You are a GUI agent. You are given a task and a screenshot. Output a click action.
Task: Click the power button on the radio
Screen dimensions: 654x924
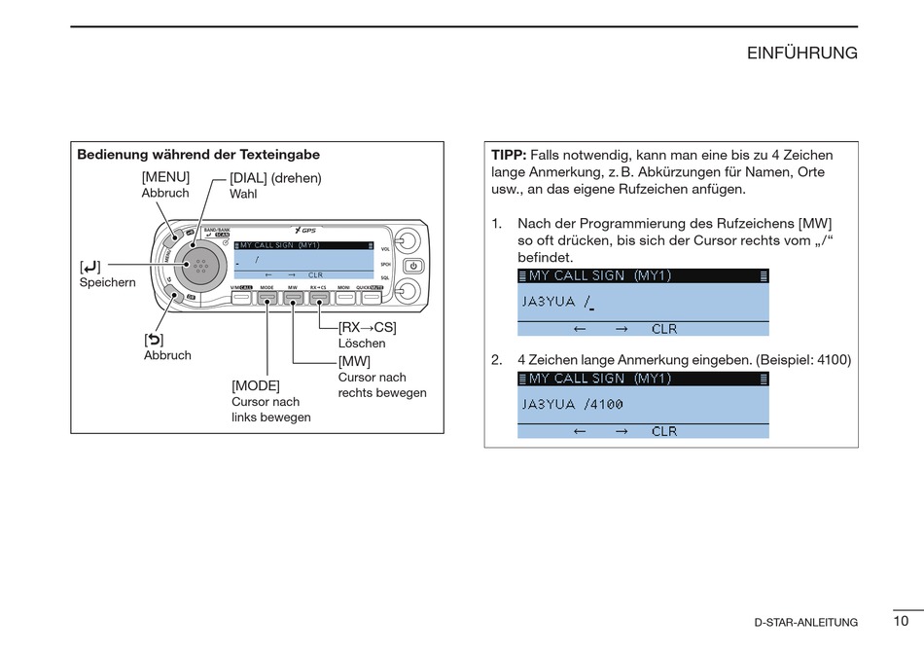tap(412, 265)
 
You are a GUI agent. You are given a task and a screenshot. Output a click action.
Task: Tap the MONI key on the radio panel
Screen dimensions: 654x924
tap(343, 297)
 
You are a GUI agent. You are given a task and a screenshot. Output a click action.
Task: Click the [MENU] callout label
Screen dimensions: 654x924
tap(165, 177)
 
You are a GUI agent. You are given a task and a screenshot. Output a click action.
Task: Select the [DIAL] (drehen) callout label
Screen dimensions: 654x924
tap(275, 178)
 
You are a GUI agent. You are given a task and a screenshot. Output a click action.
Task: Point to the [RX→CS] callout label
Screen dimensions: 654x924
tap(368, 327)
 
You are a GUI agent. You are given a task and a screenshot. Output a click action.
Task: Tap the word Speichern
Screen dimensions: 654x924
tap(107, 282)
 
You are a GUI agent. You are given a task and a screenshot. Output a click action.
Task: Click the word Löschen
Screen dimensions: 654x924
tap(362, 344)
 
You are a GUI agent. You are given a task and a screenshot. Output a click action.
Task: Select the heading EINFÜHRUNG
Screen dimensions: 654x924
tap(801, 54)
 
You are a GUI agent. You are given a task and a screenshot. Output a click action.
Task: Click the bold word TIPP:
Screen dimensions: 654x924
tap(509, 155)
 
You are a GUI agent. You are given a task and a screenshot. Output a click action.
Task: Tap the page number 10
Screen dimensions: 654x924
tap(901, 620)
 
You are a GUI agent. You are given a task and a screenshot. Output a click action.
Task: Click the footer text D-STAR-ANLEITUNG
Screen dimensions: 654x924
tap(805, 623)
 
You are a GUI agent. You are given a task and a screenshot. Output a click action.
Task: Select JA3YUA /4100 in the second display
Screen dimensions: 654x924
tap(572, 404)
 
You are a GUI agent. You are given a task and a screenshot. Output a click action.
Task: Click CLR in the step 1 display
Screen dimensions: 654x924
tap(664, 329)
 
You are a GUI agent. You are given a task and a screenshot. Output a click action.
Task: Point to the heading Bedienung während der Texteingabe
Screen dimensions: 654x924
tap(198, 155)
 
